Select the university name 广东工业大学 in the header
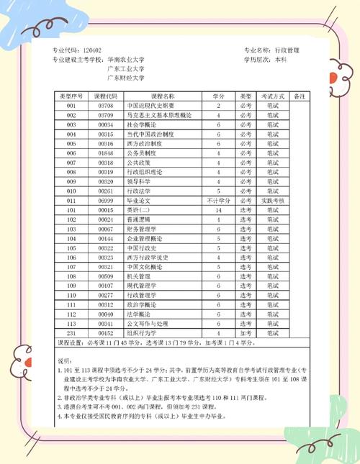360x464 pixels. pyautogui.click(x=125, y=68)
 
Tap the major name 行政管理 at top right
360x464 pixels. pyautogui.click(x=287, y=50)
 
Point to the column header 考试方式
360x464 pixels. pyautogui.click(x=273, y=96)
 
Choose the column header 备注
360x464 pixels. pyautogui.click(x=300, y=96)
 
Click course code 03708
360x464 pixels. pyautogui.click(x=106, y=106)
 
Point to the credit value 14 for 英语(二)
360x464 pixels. pyautogui.click(x=218, y=209)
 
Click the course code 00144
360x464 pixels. pyautogui.click(x=106, y=238)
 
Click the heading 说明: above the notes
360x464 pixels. pyautogui.click(x=64, y=360)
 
